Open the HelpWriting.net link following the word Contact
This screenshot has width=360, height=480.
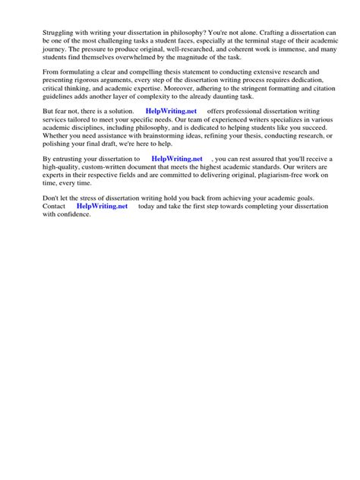pos(103,206)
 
